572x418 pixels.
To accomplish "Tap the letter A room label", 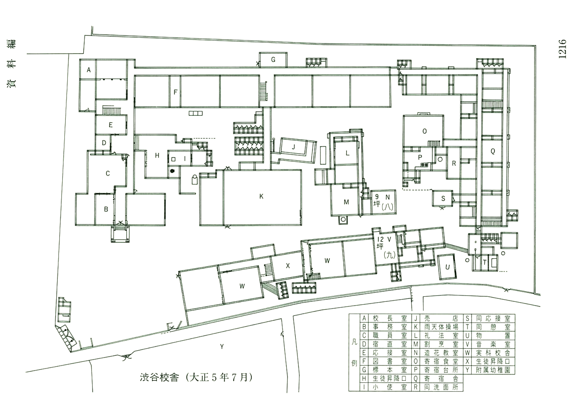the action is click(x=89, y=70).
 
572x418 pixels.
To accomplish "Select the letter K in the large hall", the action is click(x=261, y=197).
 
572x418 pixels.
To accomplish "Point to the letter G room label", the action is click(x=273, y=60).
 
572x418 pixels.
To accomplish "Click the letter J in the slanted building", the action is click(x=293, y=147).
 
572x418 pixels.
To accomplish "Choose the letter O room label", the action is click(x=425, y=131).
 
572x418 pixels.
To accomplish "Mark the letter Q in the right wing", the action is click(x=493, y=151).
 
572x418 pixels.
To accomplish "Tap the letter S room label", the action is click(x=443, y=199).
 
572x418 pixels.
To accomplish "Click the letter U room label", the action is click(x=448, y=267).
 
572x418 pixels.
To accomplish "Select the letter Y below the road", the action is click(x=222, y=347).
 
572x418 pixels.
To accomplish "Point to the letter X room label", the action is click(x=288, y=266).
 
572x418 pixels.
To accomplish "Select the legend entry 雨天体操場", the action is click(x=441, y=327).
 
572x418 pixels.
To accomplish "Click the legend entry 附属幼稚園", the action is click(x=493, y=370).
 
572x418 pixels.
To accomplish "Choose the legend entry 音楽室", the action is click(x=493, y=344).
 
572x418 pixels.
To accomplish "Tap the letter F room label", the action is click(x=175, y=92).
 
